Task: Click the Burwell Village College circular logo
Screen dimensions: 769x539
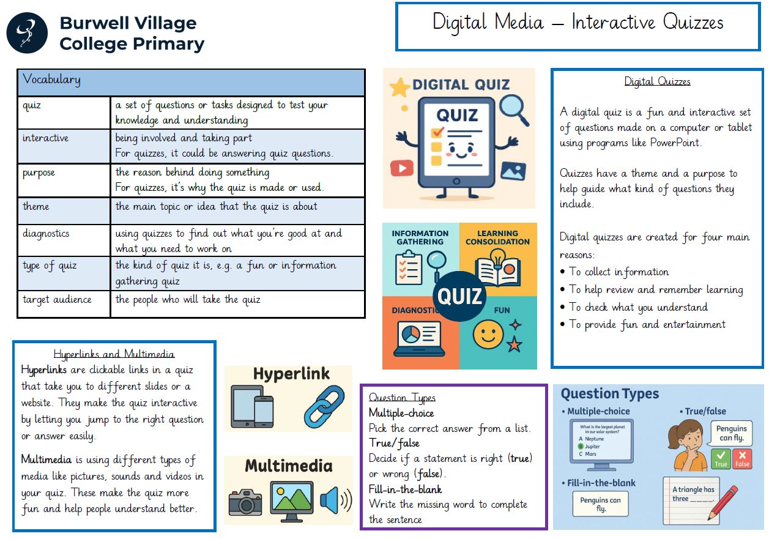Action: (x=27, y=33)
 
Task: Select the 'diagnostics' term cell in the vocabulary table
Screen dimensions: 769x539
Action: (x=64, y=240)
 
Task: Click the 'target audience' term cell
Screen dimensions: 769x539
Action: (x=64, y=304)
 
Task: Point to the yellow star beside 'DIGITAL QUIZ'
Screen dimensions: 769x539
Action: (x=400, y=87)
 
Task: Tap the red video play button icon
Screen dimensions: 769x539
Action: (x=402, y=168)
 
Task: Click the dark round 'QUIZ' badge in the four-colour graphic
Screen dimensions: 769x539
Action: (x=459, y=296)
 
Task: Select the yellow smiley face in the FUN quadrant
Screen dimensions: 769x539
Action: (x=488, y=334)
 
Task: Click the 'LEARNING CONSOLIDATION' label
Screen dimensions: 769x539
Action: (x=497, y=237)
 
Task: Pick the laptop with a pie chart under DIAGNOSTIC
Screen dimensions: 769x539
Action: (x=420, y=339)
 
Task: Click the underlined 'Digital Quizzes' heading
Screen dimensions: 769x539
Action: (x=657, y=81)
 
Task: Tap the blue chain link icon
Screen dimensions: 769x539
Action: (x=324, y=406)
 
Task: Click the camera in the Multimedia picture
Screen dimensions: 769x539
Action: (x=245, y=502)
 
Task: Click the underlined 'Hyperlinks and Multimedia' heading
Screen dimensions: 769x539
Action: (x=114, y=354)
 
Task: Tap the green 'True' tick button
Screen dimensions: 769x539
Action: (x=721, y=459)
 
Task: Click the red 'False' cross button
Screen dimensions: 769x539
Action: (x=742, y=459)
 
